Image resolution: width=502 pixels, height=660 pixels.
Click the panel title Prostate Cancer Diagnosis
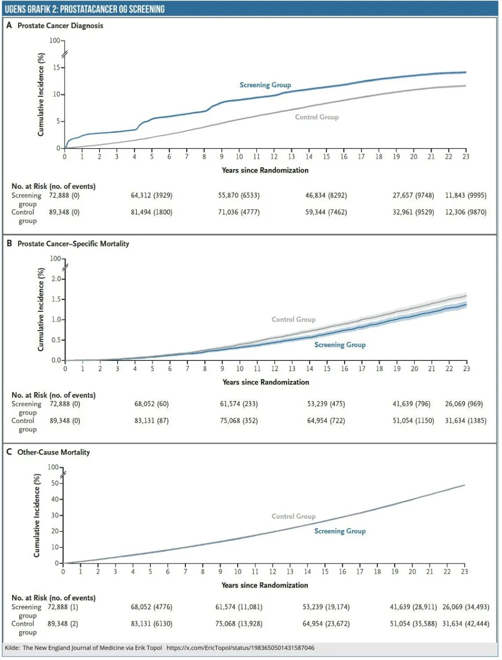tap(60, 25)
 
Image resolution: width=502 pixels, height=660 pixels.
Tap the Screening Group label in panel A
tap(265, 85)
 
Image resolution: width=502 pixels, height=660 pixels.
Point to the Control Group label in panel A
tap(317, 117)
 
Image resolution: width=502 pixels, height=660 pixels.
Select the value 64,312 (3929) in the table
tap(151, 195)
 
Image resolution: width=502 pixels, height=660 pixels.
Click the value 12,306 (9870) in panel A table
tap(466, 212)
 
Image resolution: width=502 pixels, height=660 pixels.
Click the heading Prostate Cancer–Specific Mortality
tap(74, 244)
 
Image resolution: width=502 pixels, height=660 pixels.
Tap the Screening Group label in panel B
tap(340, 345)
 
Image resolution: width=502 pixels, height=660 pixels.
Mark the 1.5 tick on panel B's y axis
tap(56, 299)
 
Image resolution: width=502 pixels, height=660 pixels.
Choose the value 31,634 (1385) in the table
tap(466, 421)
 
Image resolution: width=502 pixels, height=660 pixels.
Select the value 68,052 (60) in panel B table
tap(151, 404)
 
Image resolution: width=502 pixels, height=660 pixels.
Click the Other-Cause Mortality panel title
tap(54, 452)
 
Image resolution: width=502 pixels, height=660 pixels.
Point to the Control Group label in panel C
tap(294, 516)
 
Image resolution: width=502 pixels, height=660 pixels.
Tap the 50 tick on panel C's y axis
tap(55, 483)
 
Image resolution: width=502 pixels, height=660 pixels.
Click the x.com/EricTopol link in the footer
tap(240, 648)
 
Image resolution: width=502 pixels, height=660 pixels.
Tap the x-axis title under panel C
tap(265, 585)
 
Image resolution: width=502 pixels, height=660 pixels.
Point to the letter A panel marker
tap(9, 25)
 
